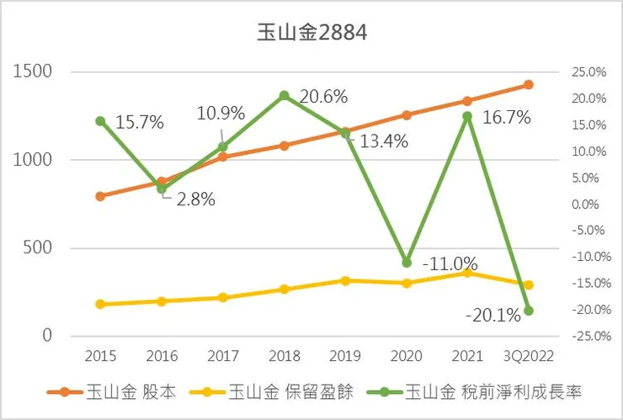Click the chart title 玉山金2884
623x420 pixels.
click(x=311, y=33)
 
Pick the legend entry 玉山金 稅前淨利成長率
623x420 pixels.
click(x=492, y=391)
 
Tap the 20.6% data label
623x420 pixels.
click(x=323, y=97)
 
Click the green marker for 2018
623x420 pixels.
click(x=285, y=95)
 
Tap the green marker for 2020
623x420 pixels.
click(x=407, y=263)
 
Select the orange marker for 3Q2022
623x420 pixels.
click(x=529, y=84)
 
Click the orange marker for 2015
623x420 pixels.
click(x=100, y=196)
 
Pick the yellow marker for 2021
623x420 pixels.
click(x=467, y=273)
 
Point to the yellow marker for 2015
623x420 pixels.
click(x=100, y=304)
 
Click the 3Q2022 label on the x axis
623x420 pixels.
click(x=529, y=356)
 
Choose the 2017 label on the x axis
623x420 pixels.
click(x=223, y=356)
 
